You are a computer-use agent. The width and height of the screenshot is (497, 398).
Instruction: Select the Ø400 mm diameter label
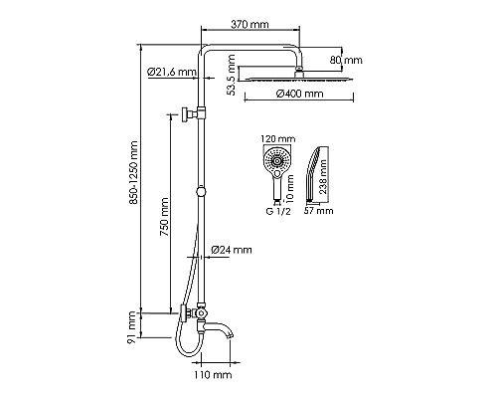coord(299,95)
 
